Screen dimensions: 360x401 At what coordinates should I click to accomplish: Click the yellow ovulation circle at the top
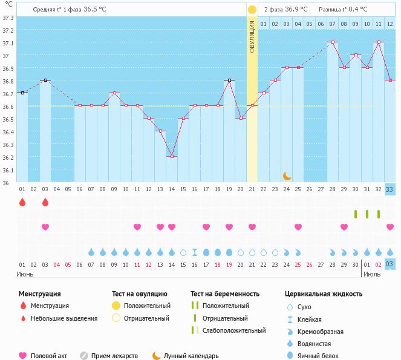[x=252, y=9]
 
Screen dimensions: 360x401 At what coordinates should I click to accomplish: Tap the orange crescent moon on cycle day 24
[x=287, y=176]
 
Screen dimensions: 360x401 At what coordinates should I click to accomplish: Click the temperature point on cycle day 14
[x=172, y=156]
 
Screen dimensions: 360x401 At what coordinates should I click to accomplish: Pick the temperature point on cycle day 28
[x=333, y=42]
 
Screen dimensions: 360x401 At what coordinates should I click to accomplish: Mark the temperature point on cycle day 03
[x=45, y=80]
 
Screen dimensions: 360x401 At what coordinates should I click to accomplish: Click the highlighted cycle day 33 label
[x=390, y=189]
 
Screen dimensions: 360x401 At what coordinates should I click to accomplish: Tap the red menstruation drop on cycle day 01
[x=22, y=202]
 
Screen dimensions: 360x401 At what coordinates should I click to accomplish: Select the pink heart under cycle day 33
[x=390, y=227]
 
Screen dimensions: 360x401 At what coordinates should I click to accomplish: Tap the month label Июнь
[x=25, y=273]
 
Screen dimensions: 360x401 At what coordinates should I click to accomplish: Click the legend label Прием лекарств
[x=114, y=356]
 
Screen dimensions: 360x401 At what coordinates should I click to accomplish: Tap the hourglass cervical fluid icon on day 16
[x=195, y=252]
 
